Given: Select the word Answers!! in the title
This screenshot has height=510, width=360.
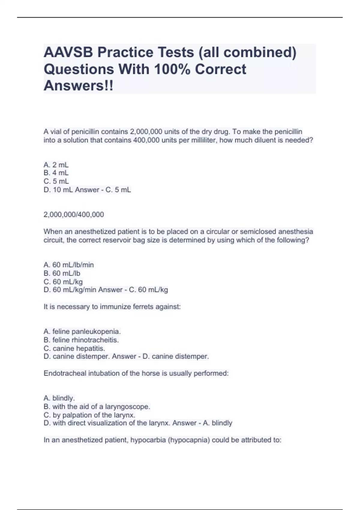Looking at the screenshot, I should pyautogui.click(x=79, y=86).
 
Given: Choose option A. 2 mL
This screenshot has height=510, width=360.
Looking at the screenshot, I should pyautogui.click(x=56, y=165).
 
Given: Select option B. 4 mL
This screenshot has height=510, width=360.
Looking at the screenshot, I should pyautogui.click(x=56, y=173).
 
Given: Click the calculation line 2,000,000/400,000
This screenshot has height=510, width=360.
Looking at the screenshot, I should pyautogui.click(x=74, y=214).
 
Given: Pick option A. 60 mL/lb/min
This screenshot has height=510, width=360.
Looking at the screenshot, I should pyautogui.click(x=69, y=265).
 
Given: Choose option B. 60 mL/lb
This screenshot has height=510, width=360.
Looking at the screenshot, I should pyautogui.click(x=62, y=273).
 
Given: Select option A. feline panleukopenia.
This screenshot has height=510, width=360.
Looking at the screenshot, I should pyautogui.click(x=82, y=331).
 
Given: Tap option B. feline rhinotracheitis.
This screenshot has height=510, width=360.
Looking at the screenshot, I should pyautogui.click(x=81, y=340).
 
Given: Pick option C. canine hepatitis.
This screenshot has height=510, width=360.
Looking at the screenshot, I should pyautogui.click(x=74, y=348).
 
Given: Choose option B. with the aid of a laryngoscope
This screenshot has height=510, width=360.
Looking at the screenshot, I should pyautogui.click(x=97, y=407).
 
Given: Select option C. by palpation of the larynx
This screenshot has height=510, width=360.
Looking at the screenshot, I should pyautogui.click(x=89, y=415).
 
